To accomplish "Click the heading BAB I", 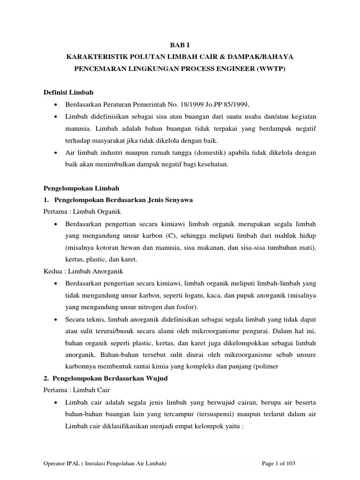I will [x=180, y=45].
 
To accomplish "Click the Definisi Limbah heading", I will [x=68, y=92].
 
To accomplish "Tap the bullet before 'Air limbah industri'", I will [x=56, y=153].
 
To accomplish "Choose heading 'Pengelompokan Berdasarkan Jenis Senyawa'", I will [x=124, y=200].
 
